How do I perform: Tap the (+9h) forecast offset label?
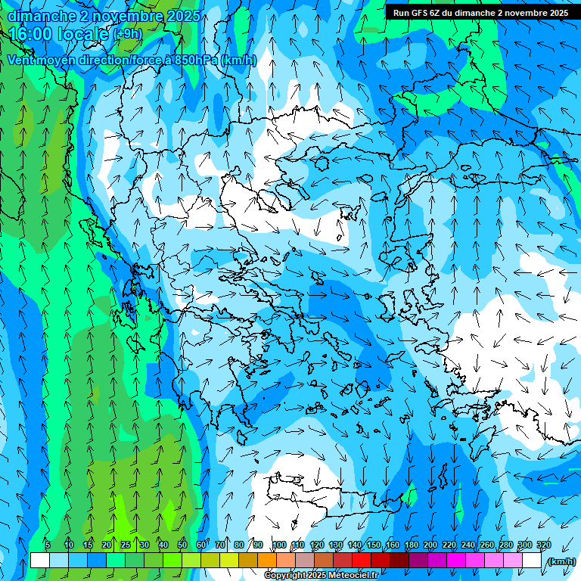[x=127, y=34]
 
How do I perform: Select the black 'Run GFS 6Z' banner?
[x=481, y=12]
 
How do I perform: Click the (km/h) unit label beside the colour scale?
[x=561, y=561]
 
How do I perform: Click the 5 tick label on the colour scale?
[x=48, y=545]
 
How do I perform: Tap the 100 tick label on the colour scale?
[x=279, y=545]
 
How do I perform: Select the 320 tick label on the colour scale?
[x=544, y=545]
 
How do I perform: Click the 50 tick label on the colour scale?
[x=182, y=545]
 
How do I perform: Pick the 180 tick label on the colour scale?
[x=412, y=545]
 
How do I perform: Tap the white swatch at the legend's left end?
[x=40, y=561]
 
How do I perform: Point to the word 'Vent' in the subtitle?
[x=22, y=60]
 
